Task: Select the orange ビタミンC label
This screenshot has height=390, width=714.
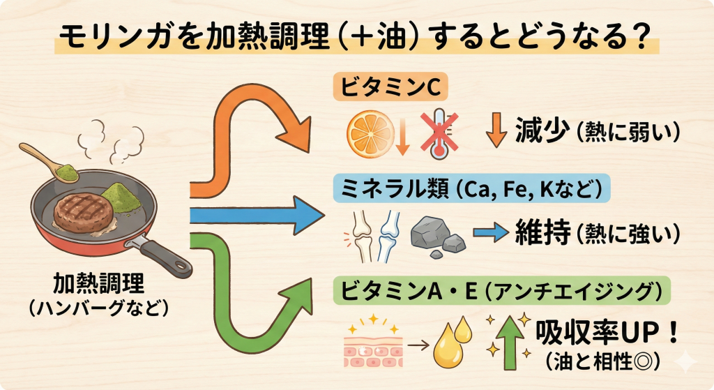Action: tap(390, 89)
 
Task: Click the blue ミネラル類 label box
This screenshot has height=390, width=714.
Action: tap(468, 188)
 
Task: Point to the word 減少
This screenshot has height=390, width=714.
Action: tap(540, 130)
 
